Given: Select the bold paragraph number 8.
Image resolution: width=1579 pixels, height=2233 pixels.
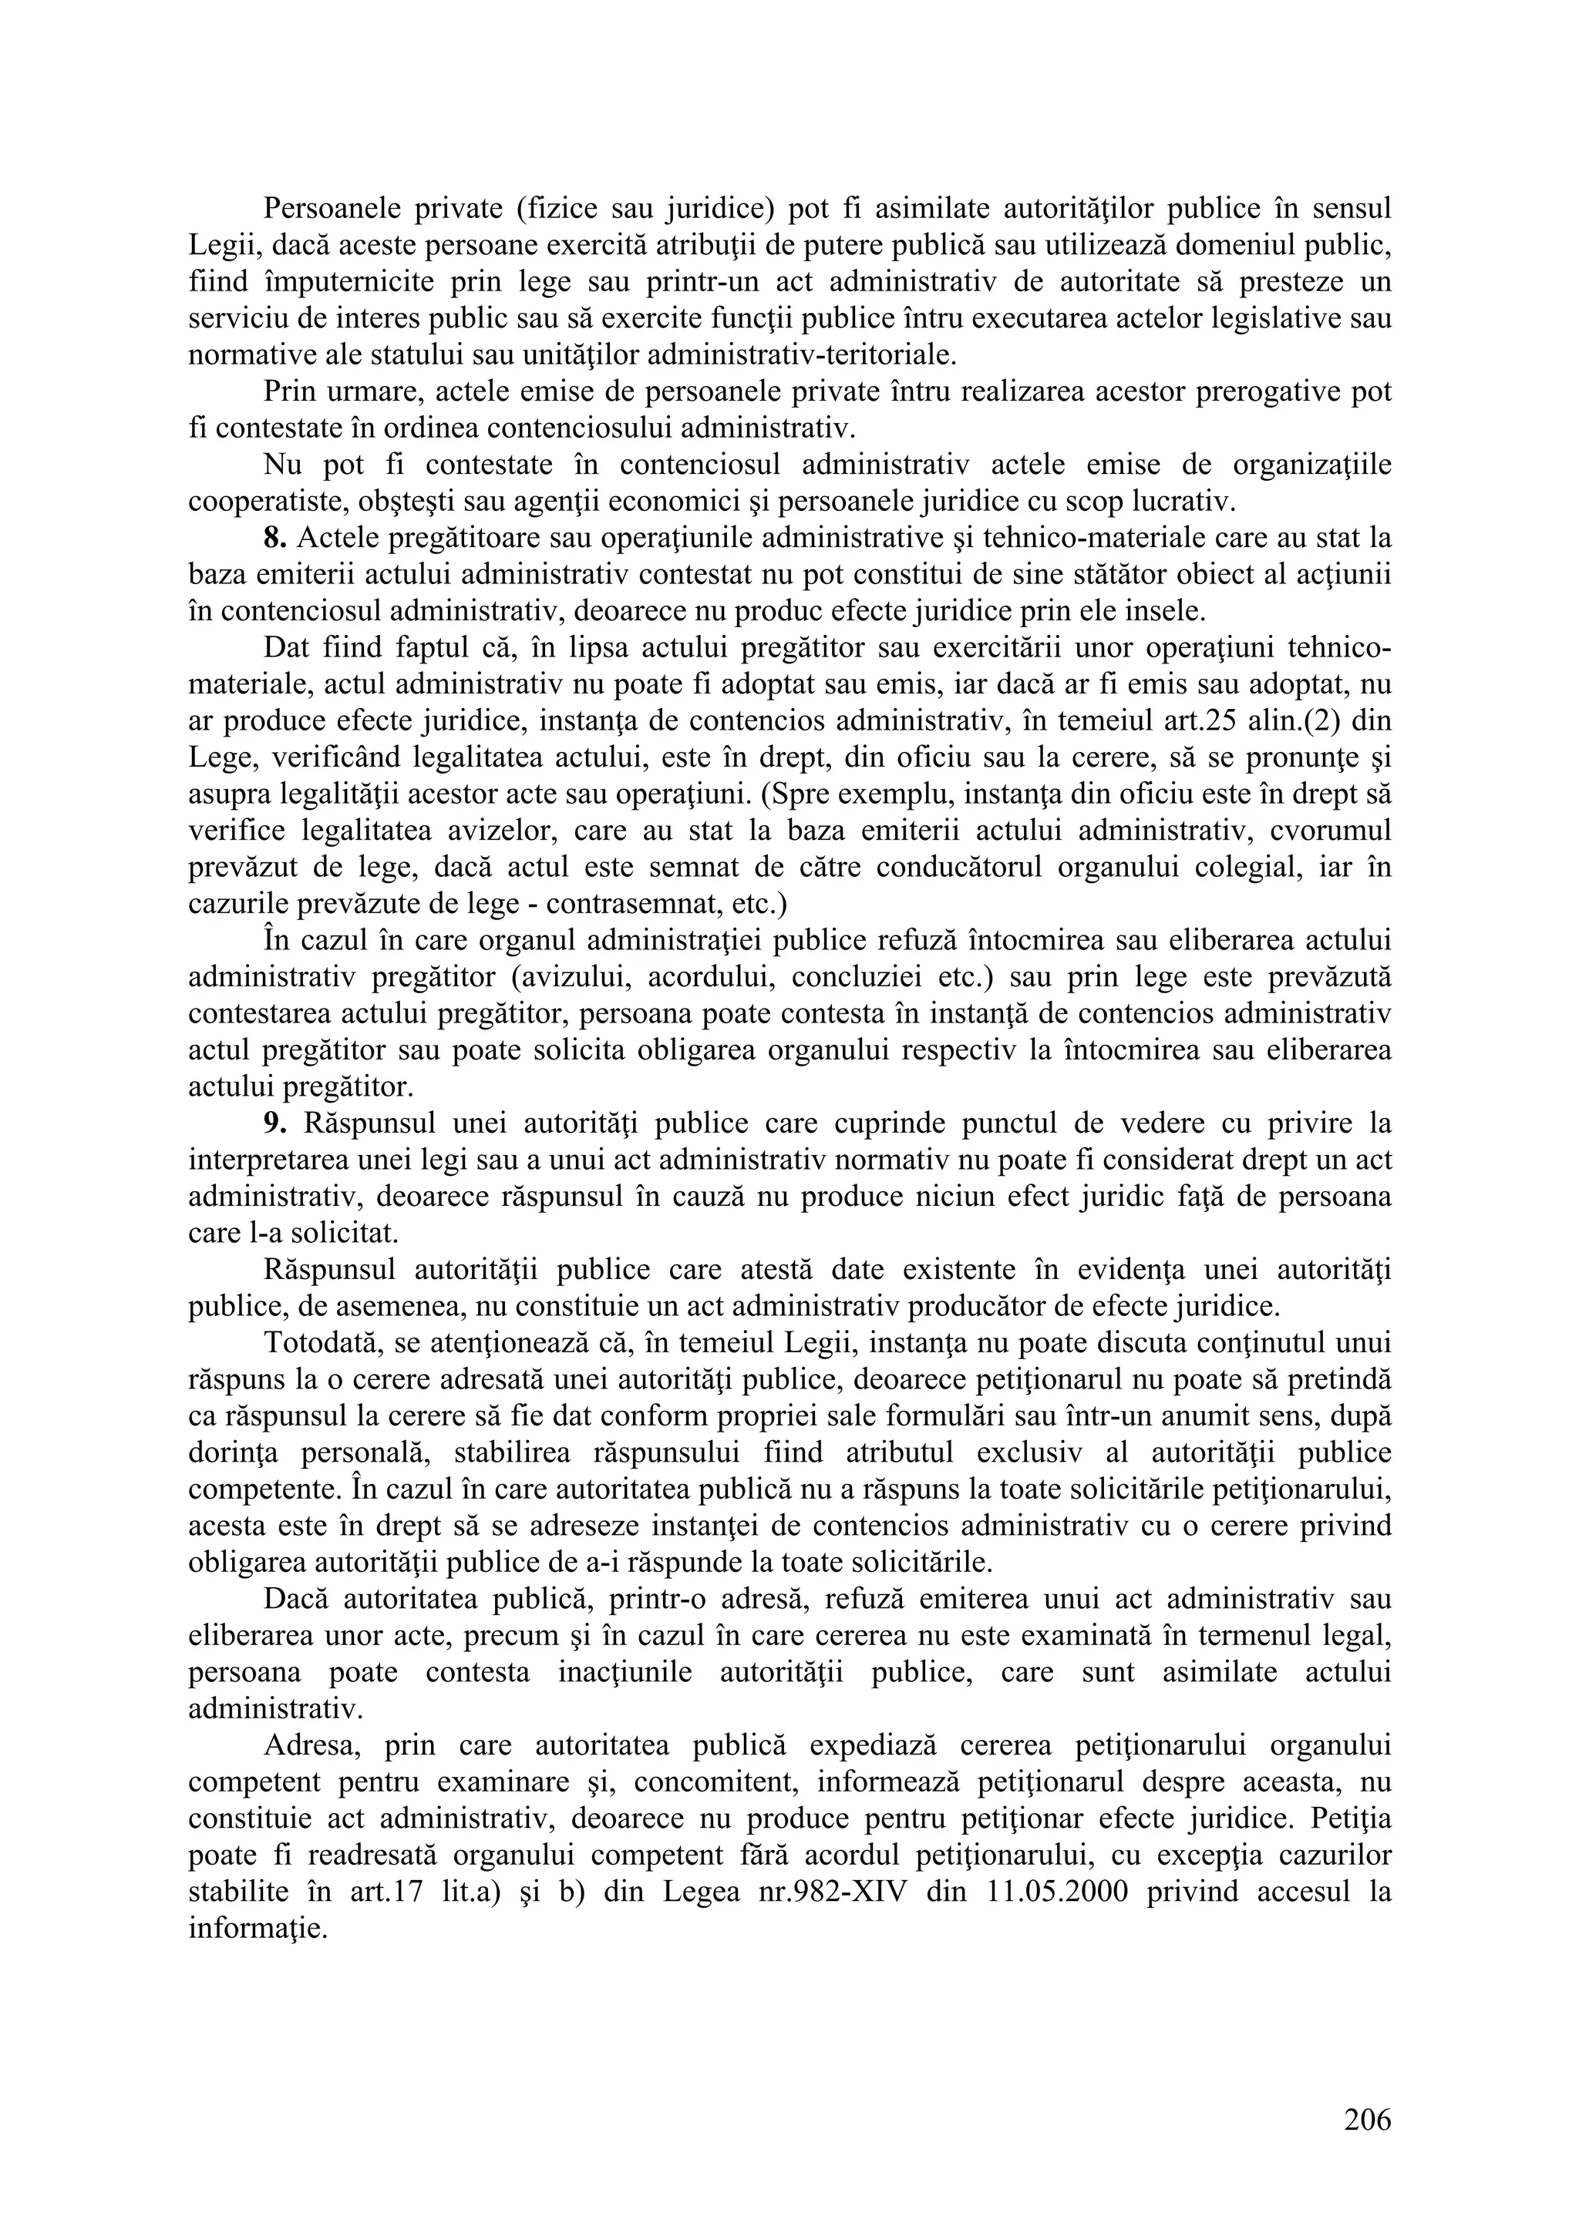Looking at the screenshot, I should [274, 538].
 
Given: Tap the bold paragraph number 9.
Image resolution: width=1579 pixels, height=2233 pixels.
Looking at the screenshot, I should [274, 1123].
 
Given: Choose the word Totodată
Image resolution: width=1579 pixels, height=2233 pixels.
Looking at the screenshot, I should [323, 1343].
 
